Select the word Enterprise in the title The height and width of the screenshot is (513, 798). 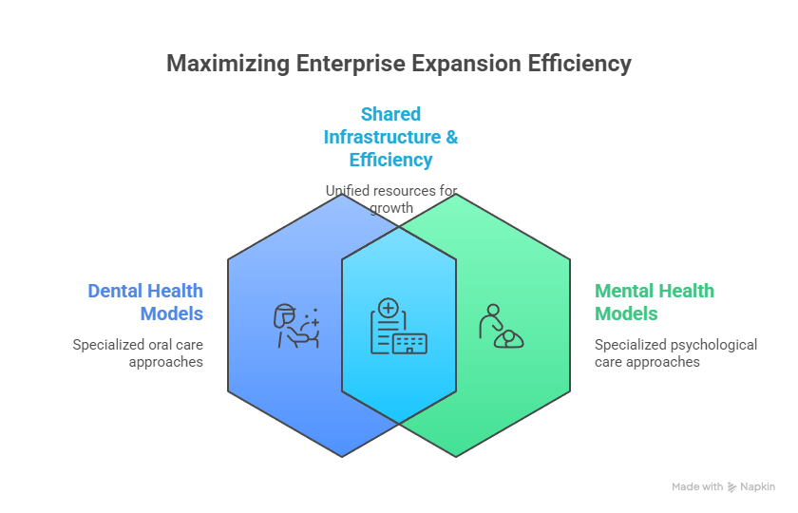(349, 65)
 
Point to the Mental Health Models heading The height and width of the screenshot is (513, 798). (655, 302)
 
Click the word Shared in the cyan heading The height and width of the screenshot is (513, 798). (390, 114)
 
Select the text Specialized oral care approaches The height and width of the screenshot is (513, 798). (138, 352)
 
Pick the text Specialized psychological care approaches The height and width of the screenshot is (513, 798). (675, 352)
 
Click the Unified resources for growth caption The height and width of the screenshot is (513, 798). (391, 199)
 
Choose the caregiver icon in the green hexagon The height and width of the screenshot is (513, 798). (501, 327)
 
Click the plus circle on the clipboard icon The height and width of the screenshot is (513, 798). (388, 308)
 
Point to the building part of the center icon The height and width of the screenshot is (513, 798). (409, 343)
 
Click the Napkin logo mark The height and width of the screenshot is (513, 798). (731, 486)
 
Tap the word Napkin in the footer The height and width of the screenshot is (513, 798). (757, 486)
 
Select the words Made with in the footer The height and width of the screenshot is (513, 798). (697, 486)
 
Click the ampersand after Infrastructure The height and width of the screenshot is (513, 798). (451, 137)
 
